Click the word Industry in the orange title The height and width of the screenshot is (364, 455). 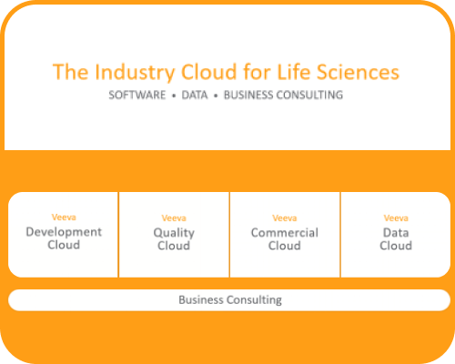(x=135, y=72)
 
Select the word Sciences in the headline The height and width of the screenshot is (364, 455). (x=358, y=72)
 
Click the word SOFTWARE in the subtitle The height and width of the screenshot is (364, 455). (x=137, y=95)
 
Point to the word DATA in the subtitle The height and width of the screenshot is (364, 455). (x=195, y=95)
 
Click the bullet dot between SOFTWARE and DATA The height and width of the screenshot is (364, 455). (x=174, y=96)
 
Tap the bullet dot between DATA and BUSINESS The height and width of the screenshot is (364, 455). (x=216, y=96)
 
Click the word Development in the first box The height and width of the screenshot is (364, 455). (x=64, y=232)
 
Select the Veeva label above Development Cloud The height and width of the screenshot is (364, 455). (x=64, y=217)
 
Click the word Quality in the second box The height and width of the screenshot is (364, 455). (x=174, y=233)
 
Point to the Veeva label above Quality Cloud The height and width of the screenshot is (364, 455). (x=174, y=218)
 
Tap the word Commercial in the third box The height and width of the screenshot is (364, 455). (x=285, y=233)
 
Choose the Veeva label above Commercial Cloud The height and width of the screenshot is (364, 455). (x=285, y=218)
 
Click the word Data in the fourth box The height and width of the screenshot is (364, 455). (x=396, y=233)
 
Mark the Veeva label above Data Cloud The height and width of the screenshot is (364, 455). (x=396, y=218)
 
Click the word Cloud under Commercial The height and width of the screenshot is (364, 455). (x=285, y=246)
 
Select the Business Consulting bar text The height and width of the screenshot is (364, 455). (x=230, y=299)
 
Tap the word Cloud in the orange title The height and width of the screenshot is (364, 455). (x=208, y=72)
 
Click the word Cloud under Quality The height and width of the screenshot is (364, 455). (x=174, y=246)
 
